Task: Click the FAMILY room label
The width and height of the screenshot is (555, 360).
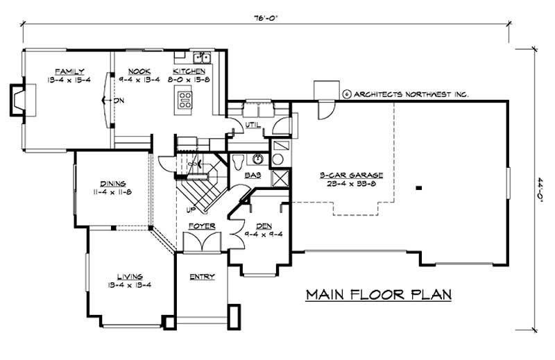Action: pyautogui.click(x=71, y=71)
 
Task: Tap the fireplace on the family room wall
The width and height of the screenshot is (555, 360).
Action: pyautogui.click(x=18, y=99)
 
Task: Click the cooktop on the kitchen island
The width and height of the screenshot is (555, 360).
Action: pyautogui.click(x=186, y=99)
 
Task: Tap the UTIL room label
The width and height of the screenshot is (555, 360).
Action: pyautogui.click(x=253, y=124)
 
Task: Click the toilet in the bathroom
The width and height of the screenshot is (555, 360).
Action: pyautogui.click(x=238, y=161)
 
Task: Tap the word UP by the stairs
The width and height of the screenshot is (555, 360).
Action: pyautogui.click(x=187, y=208)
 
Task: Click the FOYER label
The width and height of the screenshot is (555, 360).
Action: pyautogui.click(x=201, y=226)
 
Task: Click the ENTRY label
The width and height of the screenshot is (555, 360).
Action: pyautogui.click(x=202, y=277)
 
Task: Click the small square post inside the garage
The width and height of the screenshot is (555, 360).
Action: pyautogui.click(x=418, y=187)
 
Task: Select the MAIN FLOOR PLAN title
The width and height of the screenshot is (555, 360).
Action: pyautogui.click(x=379, y=295)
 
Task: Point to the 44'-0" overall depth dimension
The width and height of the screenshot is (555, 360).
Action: pyautogui.click(x=539, y=187)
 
